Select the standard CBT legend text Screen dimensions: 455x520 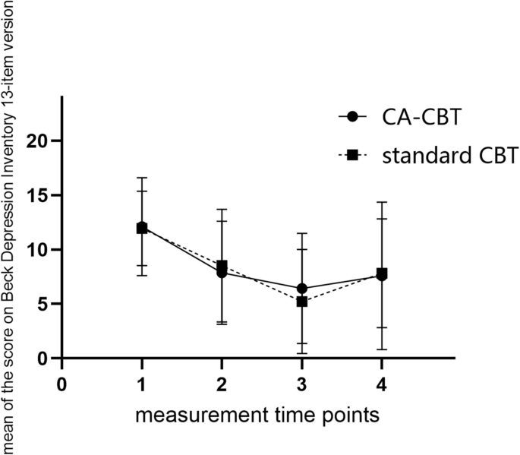[x=440, y=156]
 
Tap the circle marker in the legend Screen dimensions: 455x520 [x=351, y=117]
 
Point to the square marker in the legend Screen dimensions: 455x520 [x=351, y=156]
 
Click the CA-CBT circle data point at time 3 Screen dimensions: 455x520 [x=302, y=289]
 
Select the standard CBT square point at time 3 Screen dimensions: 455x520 [x=302, y=302]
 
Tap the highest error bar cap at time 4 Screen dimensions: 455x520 [x=382, y=202]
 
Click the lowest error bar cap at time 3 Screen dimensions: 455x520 [x=302, y=353]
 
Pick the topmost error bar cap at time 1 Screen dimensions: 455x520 [x=142, y=178]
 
